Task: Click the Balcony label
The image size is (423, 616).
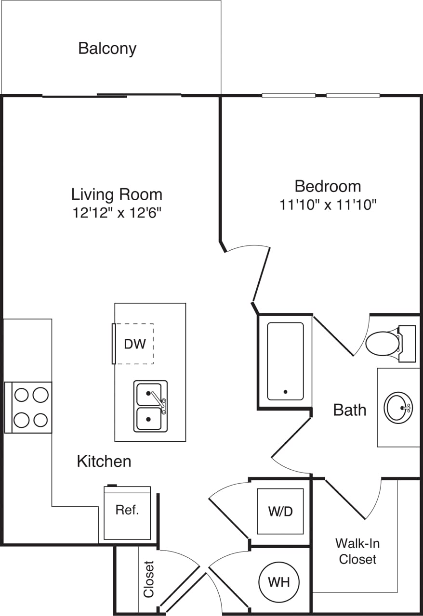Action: (x=107, y=49)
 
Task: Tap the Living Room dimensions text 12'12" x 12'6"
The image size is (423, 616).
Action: (x=117, y=213)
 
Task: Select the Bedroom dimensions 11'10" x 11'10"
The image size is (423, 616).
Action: (x=328, y=205)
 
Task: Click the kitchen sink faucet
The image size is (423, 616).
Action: (x=159, y=400)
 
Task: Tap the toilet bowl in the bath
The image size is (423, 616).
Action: (x=382, y=343)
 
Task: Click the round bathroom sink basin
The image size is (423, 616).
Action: (x=398, y=408)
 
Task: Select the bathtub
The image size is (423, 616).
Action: (x=285, y=361)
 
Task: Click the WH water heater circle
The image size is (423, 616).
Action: (x=279, y=581)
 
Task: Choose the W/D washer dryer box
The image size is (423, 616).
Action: (x=280, y=511)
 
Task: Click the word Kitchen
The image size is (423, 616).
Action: (x=104, y=461)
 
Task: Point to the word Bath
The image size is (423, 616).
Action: (x=350, y=410)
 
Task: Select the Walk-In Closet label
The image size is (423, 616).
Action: (x=357, y=552)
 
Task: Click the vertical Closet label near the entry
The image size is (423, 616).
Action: (x=148, y=579)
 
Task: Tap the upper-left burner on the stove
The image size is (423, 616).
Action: (x=22, y=395)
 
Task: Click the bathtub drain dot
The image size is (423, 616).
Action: (x=286, y=392)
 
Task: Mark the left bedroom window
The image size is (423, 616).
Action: (x=289, y=95)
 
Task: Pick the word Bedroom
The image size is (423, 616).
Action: (x=328, y=186)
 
